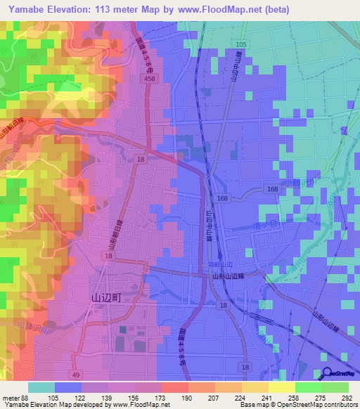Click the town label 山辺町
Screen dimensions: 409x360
(107, 297)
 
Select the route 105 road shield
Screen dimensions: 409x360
(241, 44)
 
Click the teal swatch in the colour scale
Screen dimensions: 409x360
(41, 387)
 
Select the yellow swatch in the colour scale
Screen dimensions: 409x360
(282, 387)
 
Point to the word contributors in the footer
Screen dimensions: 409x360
(338, 405)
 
